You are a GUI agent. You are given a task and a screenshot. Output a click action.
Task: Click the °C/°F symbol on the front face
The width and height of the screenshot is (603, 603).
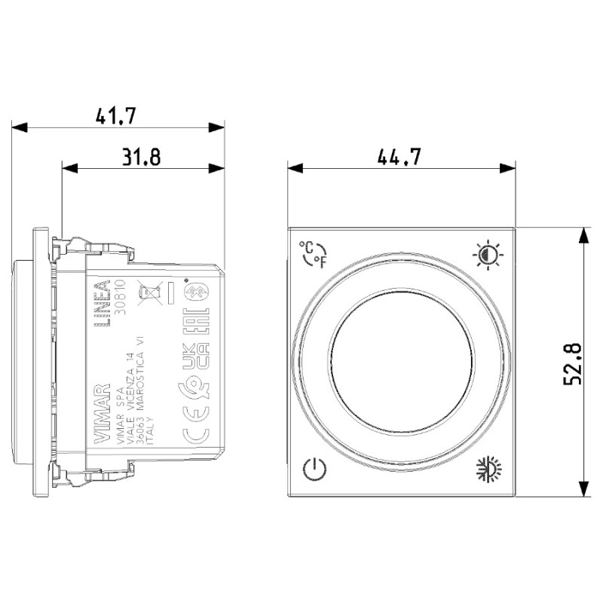(314, 255)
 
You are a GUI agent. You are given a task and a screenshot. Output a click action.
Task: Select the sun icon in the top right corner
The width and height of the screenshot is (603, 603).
(488, 255)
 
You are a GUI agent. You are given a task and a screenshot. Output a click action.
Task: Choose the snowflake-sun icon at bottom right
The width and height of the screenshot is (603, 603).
(488, 470)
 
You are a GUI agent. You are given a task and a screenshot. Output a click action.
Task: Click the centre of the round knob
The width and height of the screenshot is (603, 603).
(401, 363)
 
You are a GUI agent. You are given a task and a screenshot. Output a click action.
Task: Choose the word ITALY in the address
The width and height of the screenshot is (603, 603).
(150, 435)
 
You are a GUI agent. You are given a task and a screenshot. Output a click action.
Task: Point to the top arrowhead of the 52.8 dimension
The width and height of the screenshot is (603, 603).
(583, 234)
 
